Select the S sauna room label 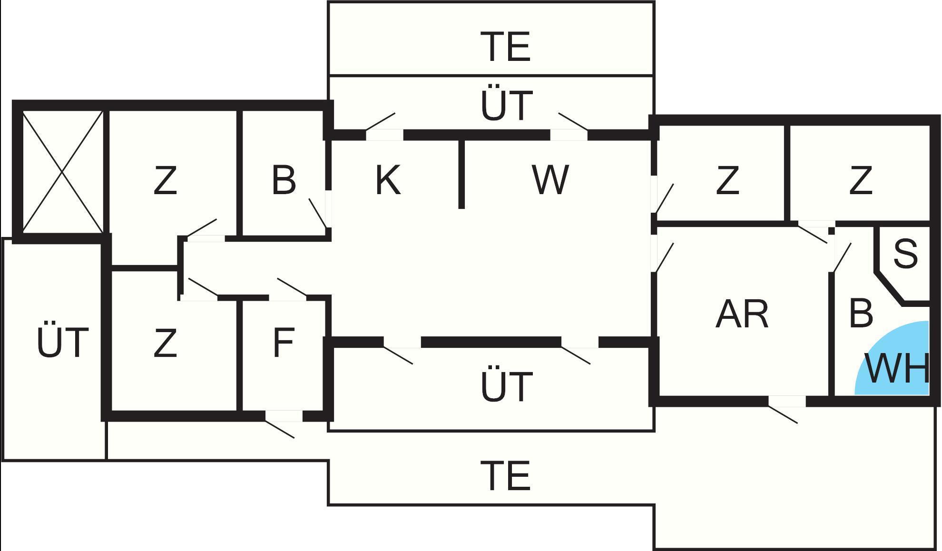pos(905,254)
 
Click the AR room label pos(742,315)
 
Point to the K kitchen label pos(388,180)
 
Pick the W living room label pos(550,180)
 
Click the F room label pos(284,343)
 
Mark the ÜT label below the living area pos(507,386)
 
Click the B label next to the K pos(284,180)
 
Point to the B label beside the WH pos(861,314)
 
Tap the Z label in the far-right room pos(861,180)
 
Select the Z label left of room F pos(165,343)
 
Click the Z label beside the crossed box pos(165,180)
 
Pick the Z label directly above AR pos(727,180)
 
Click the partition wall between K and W pos(461,174)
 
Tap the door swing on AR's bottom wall pos(783,413)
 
